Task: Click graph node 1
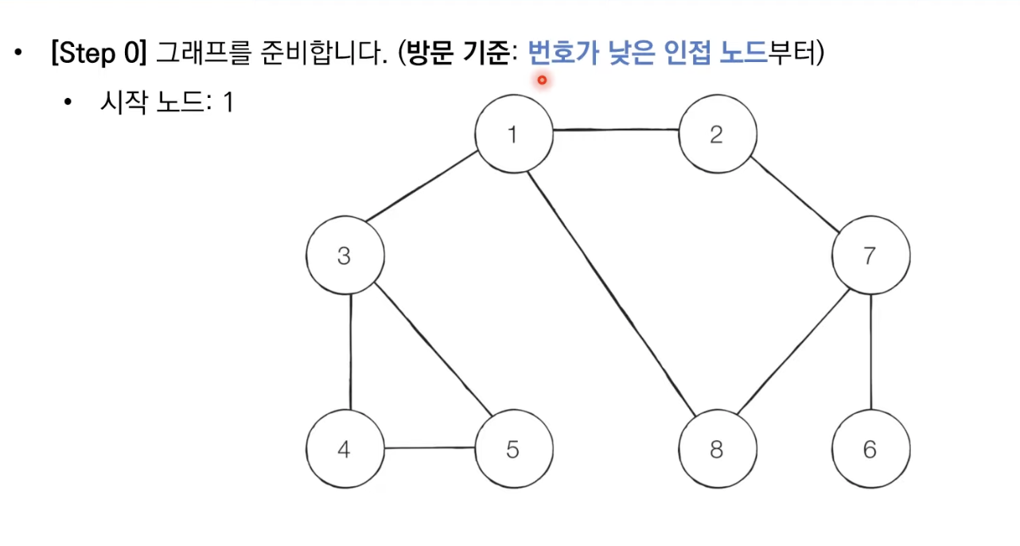pos(513,135)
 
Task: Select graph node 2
pos(717,135)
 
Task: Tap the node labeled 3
pos(345,257)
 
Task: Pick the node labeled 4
pos(345,450)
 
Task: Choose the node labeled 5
pos(513,450)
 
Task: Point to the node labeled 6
pos(870,450)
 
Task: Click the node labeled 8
pos(717,450)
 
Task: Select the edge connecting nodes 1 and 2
pos(615,131)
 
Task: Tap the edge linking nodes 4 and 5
pos(429,448)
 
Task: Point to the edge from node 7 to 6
pos(871,353)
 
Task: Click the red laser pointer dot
pos(542,80)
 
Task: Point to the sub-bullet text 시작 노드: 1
pos(165,103)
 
